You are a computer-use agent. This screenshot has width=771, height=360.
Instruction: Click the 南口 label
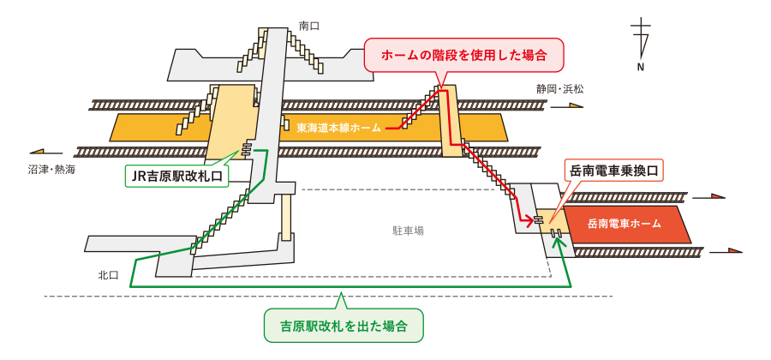click(x=309, y=26)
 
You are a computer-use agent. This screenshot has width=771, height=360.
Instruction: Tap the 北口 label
click(x=108, y=274)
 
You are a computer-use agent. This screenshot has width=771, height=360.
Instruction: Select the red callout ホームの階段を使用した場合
click(x=463, y=55)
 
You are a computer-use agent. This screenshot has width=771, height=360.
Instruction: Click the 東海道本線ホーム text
click(x=339, y=128)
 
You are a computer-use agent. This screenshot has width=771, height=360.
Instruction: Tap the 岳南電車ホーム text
click(x=625, y=225)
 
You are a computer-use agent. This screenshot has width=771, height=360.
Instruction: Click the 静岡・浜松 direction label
click(x=560, y=89)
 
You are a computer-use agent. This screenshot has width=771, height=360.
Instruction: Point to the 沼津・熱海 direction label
click(x=52, y=170)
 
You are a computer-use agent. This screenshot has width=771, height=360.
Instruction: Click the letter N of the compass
click(x=640, y=67)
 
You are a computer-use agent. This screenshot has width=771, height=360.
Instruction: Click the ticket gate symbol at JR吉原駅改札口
click(x=246, y=149)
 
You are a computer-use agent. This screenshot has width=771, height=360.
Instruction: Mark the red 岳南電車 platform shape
click(x=625, y=225)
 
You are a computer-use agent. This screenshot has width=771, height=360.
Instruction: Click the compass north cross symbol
click(x=641, y=38)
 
